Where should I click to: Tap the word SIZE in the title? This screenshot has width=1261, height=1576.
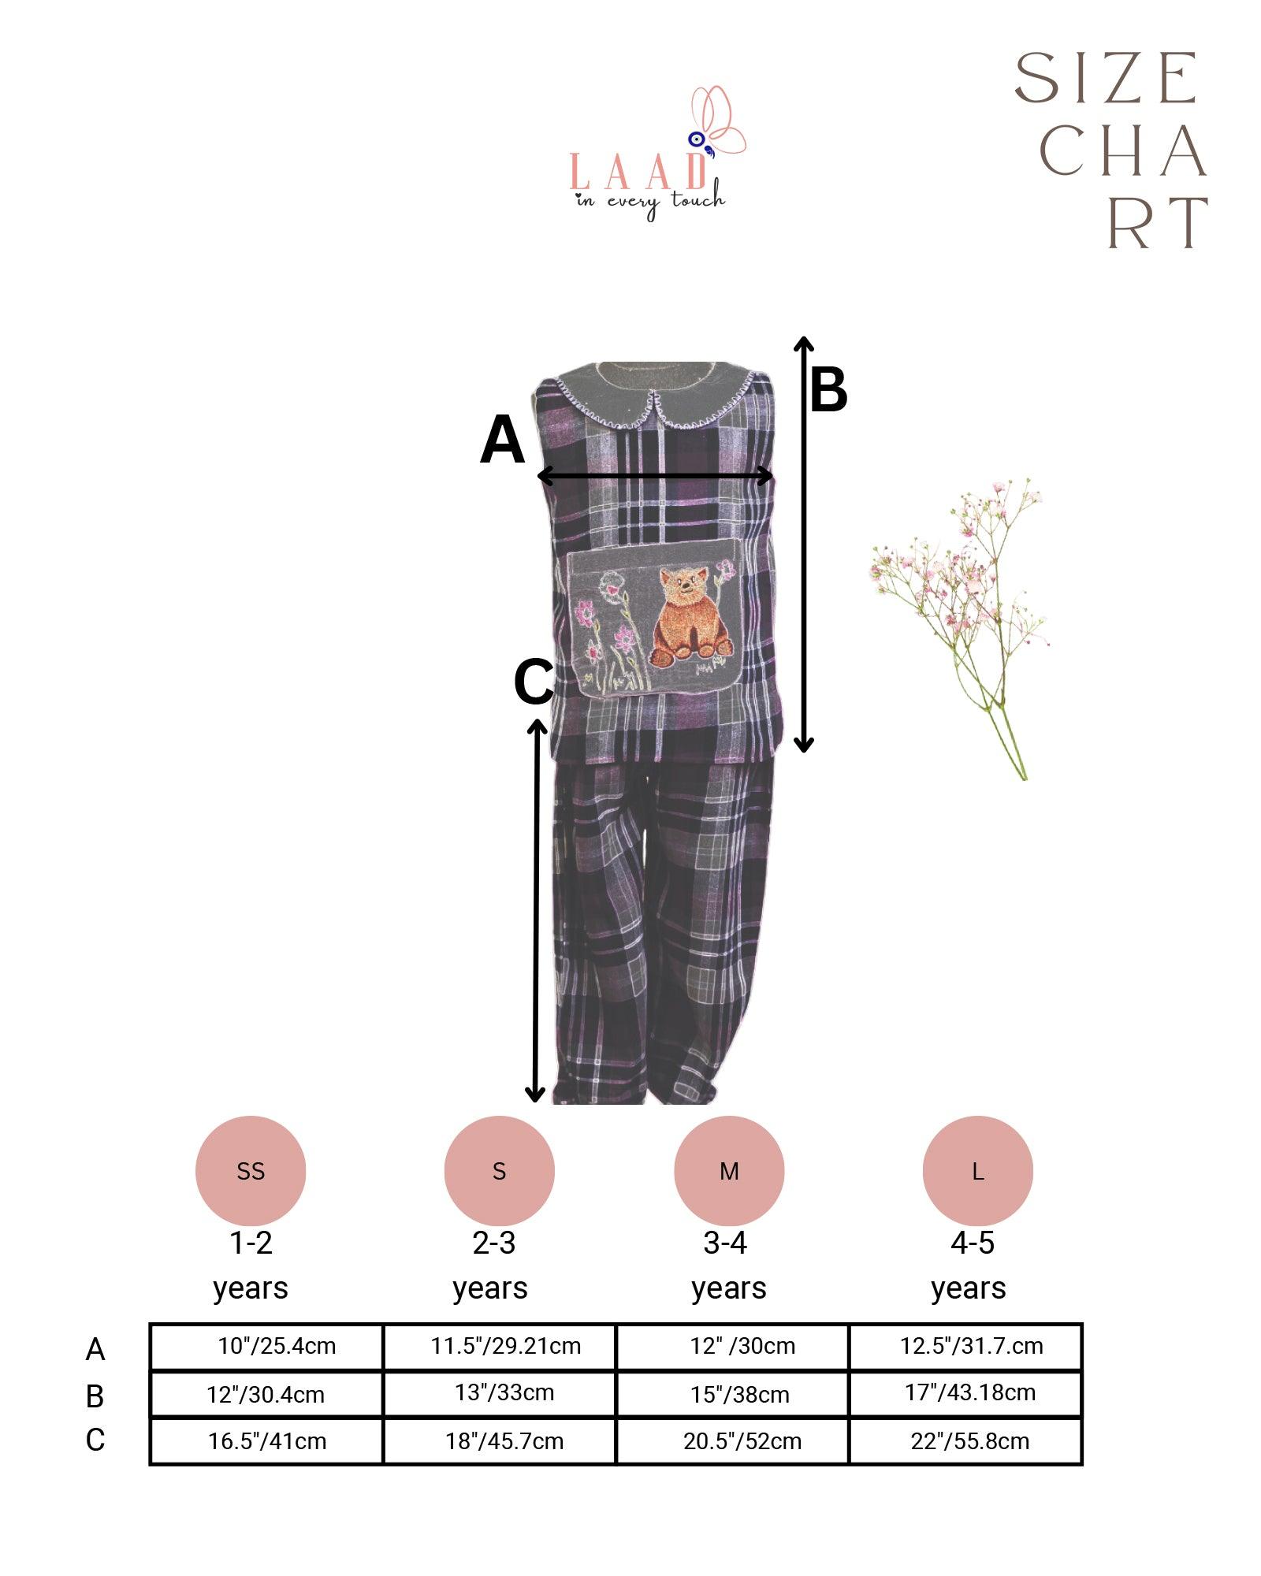(x=1105, y=79)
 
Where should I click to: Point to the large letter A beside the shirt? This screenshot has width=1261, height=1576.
(x=502, y=441)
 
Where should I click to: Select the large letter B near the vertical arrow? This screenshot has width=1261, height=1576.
(x=828, y=390)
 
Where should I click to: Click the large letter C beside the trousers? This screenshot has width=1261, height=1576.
(x=534, y=682)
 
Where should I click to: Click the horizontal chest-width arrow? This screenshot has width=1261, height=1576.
(x=654, y=476)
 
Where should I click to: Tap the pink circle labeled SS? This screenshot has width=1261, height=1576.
(x=251, y=1171)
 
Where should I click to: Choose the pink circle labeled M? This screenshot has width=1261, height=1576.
(x=729, y=1171)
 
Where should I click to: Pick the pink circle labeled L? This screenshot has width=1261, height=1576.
(x=977, y=1171)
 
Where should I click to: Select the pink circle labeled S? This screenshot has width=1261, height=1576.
(x=499, y=1171)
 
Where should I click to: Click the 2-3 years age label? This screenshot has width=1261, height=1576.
(x=492, y=1266)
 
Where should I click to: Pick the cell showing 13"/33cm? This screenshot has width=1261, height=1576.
(x=504, y=1392)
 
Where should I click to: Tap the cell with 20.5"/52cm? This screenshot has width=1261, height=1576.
(x=742, y=1441)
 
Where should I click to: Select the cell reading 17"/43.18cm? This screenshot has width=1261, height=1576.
(x=969, y=1392)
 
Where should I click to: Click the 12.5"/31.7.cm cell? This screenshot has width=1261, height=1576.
(x=971, y=1346)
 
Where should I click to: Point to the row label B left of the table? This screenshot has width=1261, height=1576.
(x=95, y=1396)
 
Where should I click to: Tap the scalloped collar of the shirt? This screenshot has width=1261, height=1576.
(x=654, y=402)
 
